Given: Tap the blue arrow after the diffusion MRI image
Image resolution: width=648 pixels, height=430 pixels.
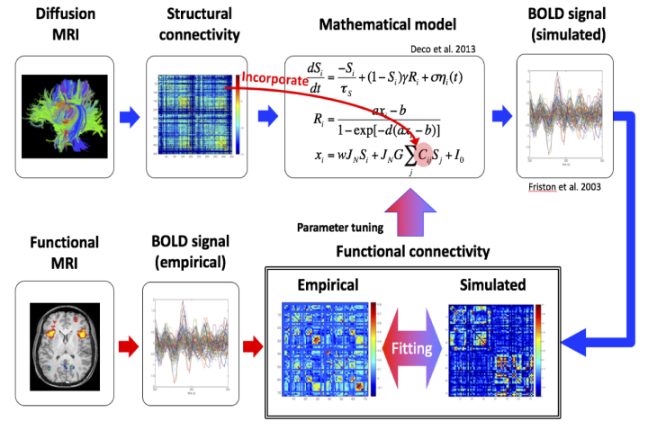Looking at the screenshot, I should pyautogui.click(x=128, y=115).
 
